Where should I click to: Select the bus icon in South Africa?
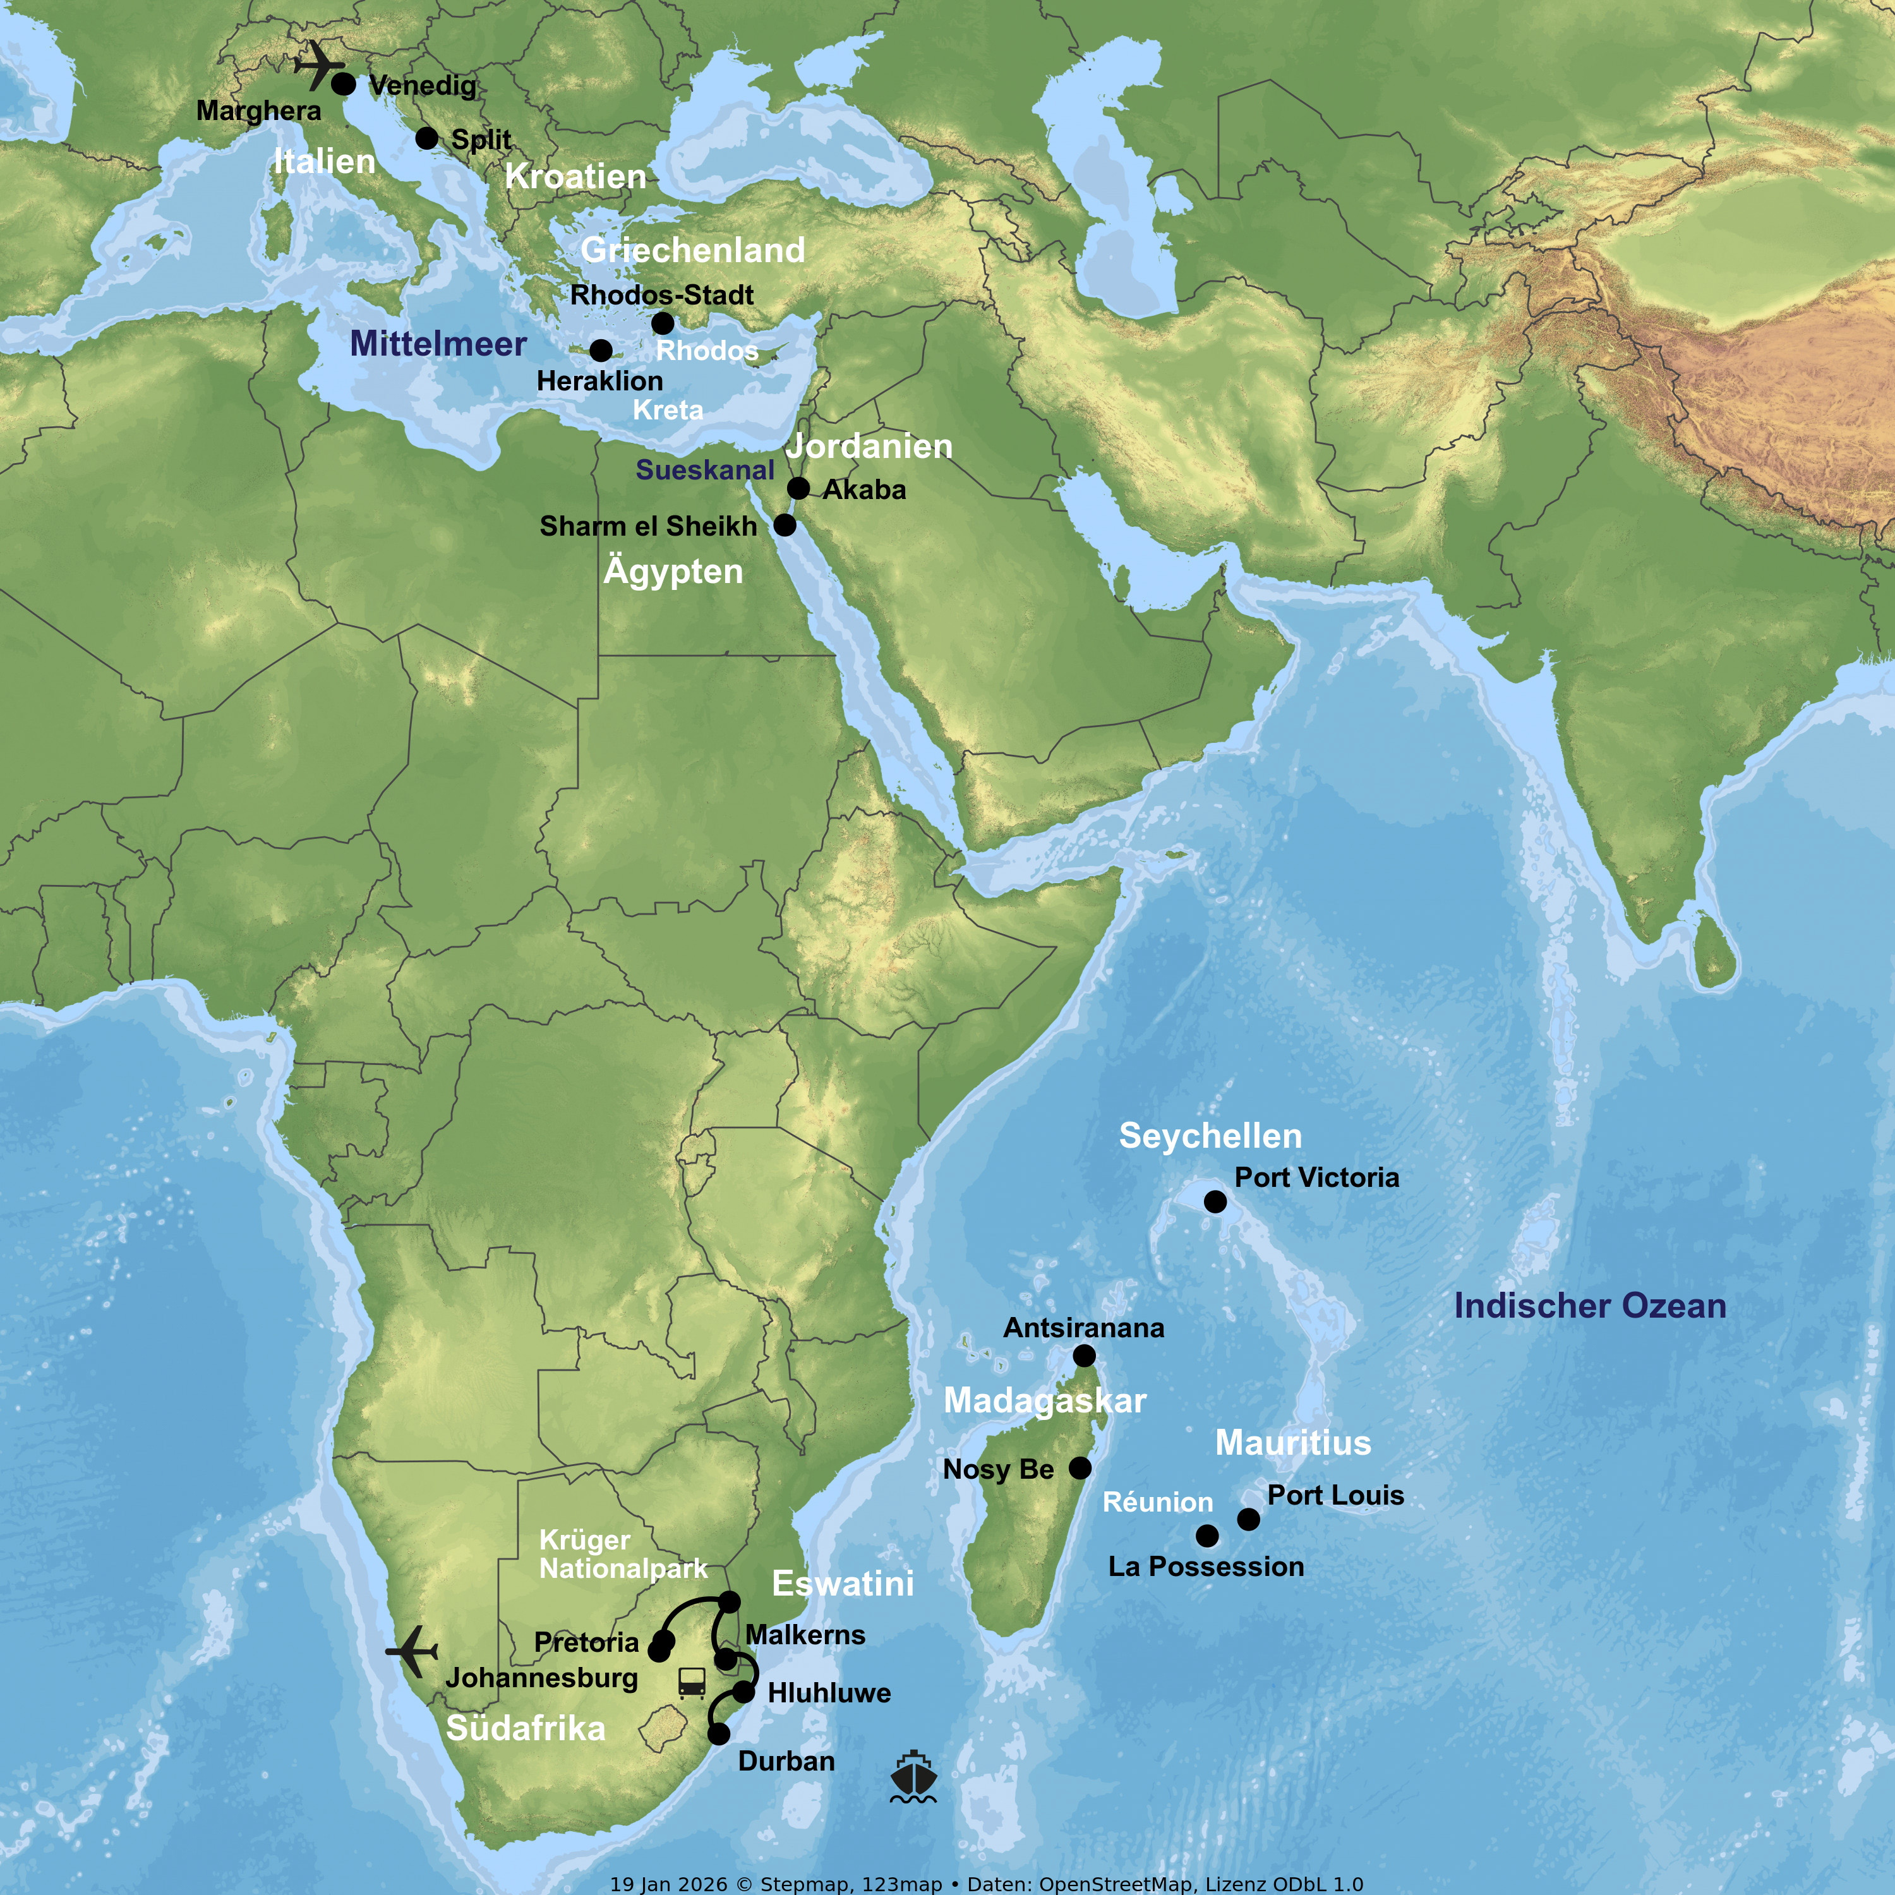692,1683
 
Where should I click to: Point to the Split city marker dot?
426,138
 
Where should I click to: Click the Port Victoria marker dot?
1215,1201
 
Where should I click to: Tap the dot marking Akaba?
798,488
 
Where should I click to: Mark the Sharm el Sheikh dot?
785,525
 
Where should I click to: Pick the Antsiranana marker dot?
1084,1356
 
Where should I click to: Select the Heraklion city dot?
601,350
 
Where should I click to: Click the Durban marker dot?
719,1734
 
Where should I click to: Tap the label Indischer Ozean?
1589,1306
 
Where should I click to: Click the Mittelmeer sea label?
438,343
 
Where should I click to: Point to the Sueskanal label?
704,470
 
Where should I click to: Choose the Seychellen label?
1210,1136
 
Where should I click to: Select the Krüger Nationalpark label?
623,1555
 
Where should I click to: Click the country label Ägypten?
673,571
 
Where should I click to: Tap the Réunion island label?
1157,1501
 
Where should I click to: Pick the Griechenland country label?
692,250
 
